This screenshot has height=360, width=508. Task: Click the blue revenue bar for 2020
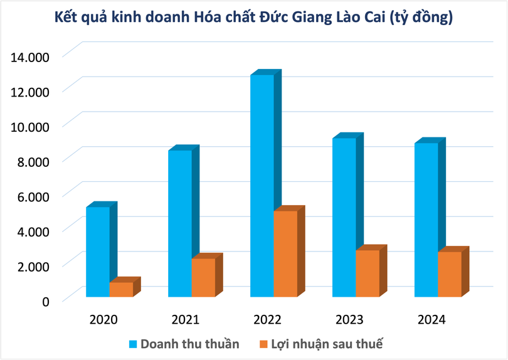coord(98,251)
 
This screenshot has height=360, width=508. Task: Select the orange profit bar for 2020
coord(121,289)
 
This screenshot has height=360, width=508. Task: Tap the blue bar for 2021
coord(180,223)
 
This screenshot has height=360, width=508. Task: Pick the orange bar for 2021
coord(203,277)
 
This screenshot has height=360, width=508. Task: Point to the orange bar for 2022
coord(285,253)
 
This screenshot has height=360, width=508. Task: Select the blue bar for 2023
coord(344,216)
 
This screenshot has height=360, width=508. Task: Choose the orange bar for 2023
coord(368,273)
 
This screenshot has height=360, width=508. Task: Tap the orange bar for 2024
coord(450,273)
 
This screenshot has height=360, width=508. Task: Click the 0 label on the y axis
coord(45,302)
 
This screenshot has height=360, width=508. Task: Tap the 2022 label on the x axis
coord(267,320)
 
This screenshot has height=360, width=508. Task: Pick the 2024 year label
coord(431,320)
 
